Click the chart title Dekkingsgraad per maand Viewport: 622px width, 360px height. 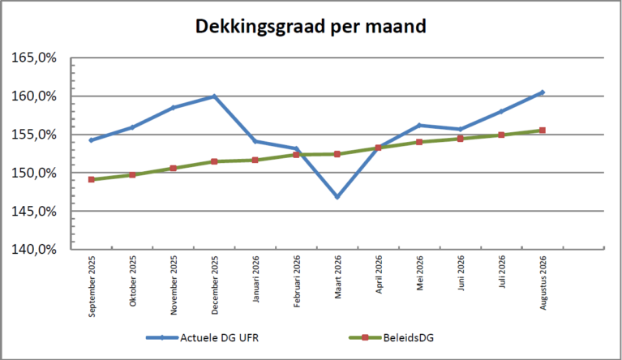(x=311, y=27)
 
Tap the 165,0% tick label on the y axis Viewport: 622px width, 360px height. (x=34, y=58)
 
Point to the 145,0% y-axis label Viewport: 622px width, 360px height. (x=34, y=212)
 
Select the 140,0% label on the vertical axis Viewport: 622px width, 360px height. (x=34, y=250)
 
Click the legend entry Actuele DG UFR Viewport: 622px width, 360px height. (x=202, y=338)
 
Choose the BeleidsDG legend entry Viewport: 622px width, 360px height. (x=391, y=338)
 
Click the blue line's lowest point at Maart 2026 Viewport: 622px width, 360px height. (x=337, y=197)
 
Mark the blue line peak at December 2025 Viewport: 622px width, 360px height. (x=214, y=96)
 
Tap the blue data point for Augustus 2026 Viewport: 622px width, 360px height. (x=543, y=92)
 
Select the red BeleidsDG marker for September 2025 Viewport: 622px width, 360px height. (x=92, y=180)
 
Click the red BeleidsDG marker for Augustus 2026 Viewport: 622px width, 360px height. (x=543, y=130)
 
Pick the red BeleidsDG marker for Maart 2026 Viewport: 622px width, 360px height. (x=337, y=154)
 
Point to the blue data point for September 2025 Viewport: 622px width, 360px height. (x=92, y=140)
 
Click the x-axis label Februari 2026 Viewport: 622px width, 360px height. (x=297, y=281)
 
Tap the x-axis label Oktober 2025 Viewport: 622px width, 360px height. (x=132, y=281)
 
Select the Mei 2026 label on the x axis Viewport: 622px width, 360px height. (x=420, y=272)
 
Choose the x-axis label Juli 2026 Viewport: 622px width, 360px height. (x=502, y=272)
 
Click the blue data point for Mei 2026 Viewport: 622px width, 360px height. (x=419, y=126)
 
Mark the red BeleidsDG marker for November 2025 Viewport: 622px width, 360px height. (x=174, y=168)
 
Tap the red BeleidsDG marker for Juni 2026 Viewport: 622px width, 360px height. (x=460, y=139)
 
